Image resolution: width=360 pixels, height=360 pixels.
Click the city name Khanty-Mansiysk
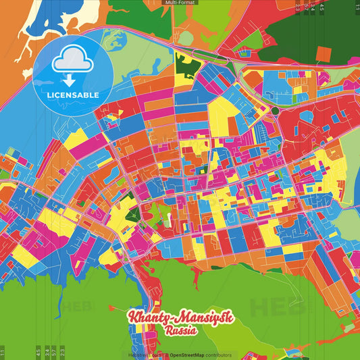pos(179,318)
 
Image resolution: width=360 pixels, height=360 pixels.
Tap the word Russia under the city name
pos(180,331)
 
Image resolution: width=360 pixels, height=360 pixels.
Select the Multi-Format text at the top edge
pos(180,3)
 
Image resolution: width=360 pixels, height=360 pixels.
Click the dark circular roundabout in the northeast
pos(275,111)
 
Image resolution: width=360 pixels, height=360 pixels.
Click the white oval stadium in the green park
pos(167,218)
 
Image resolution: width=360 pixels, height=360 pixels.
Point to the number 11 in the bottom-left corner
pos(3,352)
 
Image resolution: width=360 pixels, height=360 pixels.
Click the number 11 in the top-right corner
pos(356,9)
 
